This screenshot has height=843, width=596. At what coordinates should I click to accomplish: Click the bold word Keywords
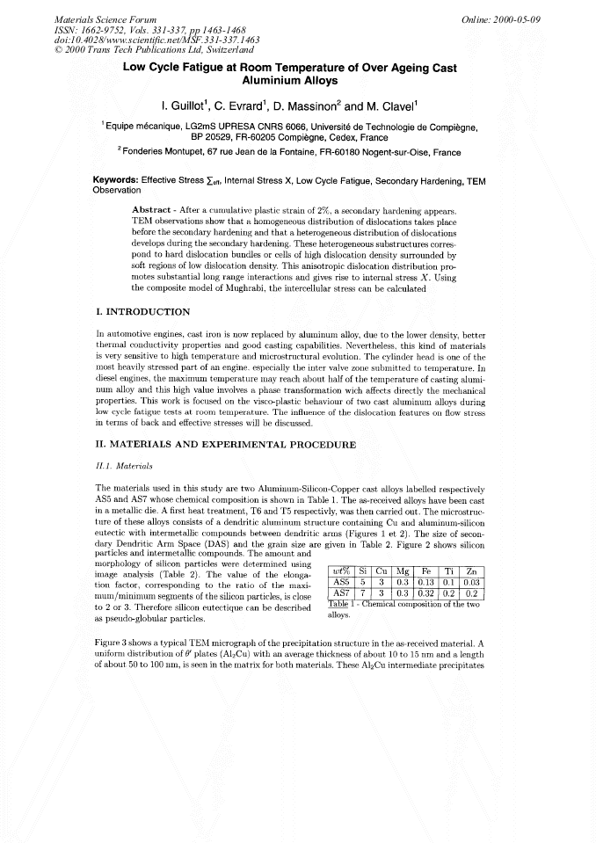118,180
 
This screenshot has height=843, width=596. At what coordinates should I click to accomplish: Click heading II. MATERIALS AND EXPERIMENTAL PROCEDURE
224,445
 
